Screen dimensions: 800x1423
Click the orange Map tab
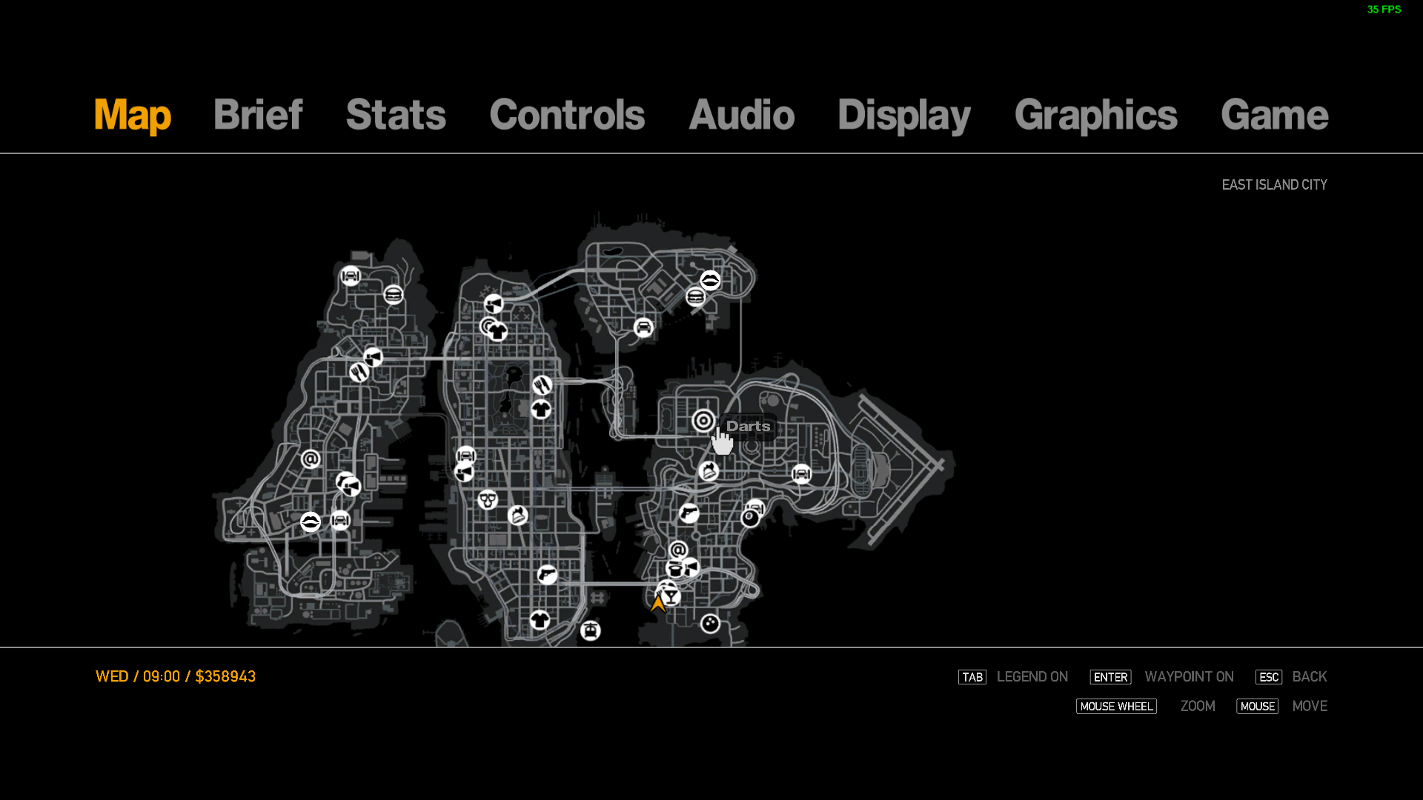(x=133, y=116)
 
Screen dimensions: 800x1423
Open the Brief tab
(x=258, y=116)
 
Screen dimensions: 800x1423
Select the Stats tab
(x=396, y=116)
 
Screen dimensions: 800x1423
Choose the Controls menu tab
(x=567, y=116)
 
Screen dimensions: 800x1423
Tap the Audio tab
(x=741, y=116)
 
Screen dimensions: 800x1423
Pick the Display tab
(x=903, y=116)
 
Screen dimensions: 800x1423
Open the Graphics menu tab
(x=1095, y=116)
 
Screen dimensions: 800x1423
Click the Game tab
(x=1274, y=116)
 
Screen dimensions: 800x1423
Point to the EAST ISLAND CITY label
(x=1274, y=184)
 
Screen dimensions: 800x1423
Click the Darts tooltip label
(x=748, y=427)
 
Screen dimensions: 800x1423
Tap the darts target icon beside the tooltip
(x=703, y=421)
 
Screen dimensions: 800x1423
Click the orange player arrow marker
(x=657, y=603)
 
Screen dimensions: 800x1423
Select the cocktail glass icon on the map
(x=671, y=596)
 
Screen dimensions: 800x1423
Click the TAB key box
(x=972, y=677)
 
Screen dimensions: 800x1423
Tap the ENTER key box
(x=1110, y=677)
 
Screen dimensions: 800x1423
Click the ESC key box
(x=1268, y=677)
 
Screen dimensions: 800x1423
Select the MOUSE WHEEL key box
(x=1116, y=707)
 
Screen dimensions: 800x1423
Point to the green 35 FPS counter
(x=1384, y=10)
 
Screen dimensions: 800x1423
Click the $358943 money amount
(x=225, y=676)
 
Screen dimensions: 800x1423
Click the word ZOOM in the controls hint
(x=1198, y=707)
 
